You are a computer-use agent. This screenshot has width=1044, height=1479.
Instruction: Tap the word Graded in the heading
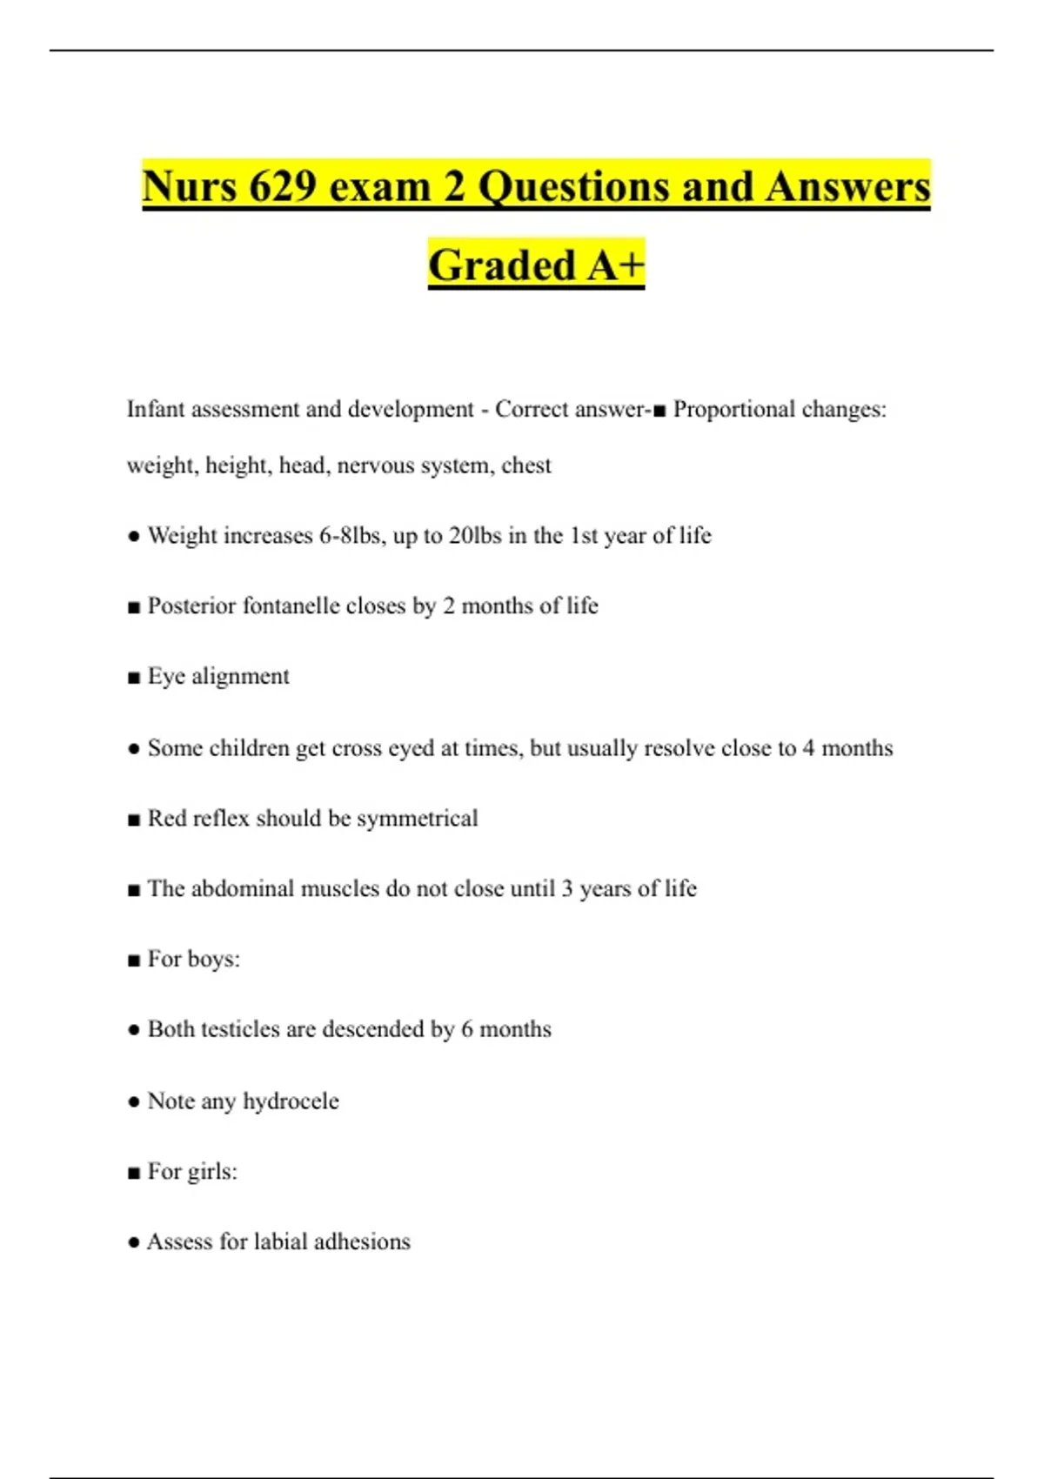(502, 265)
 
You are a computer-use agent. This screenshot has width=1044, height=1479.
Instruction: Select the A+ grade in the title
(615, 265)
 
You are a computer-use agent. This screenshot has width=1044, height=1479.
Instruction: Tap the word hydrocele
(291, 1101)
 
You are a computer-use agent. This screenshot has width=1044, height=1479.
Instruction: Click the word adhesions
(361, 1241)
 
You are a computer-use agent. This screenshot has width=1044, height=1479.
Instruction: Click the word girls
(212, 1172)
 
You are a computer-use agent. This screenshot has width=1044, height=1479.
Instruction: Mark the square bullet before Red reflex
(134, 820)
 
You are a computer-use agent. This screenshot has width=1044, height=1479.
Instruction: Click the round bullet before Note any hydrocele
(134, 1101)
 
